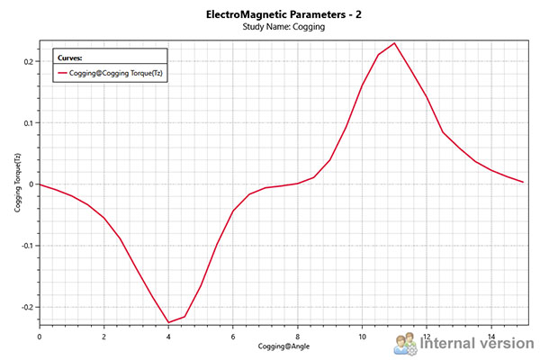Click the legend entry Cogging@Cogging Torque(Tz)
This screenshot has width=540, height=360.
(x=117, y=72)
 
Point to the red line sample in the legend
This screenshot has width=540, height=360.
(x=62, y=72)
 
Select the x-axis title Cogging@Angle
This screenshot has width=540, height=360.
(x=282, y=346)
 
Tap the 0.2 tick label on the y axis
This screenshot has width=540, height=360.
(x=27, y=61)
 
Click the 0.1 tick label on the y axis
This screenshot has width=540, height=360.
(x=27, y=122)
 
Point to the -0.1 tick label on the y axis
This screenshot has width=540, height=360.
(x=25, y=246)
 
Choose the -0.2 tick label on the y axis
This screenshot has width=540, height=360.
(x=25, y=307)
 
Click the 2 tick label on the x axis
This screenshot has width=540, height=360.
(x=103, y=336)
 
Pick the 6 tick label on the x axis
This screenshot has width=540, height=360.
(x=233, y=336)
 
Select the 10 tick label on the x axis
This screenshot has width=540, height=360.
(x=362, y=336)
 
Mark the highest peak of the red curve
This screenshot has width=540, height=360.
(x=394, y=43)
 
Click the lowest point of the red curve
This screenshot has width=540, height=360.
(x=168, y=322)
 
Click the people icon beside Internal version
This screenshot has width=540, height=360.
(x=405, y=342)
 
